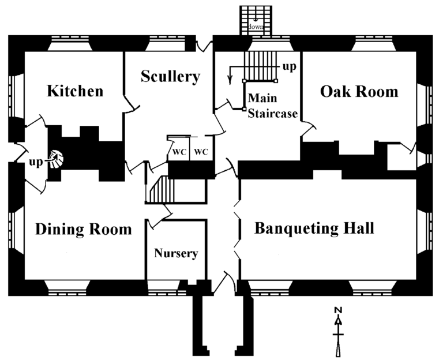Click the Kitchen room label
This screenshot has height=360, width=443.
75,91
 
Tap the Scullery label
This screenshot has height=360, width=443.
170,76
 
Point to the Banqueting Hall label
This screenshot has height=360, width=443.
314,228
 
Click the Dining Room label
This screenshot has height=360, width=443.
84,229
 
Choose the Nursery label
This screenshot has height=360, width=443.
176,253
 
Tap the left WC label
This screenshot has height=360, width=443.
178,152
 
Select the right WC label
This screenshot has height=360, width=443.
200,152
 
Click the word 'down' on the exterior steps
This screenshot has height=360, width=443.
256,27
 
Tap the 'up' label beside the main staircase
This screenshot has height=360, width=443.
289,67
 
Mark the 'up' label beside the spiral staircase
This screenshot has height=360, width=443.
36,163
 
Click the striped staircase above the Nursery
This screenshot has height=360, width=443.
160,190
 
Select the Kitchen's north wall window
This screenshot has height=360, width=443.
69,43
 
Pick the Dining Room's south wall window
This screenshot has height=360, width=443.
66,287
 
